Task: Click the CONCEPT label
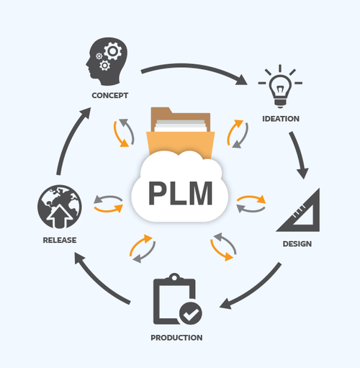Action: click(110, 95)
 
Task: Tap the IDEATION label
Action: click(281, 119)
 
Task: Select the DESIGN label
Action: click(297, 244)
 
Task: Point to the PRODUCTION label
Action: click(176, 338)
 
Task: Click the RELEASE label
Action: click(60, 240)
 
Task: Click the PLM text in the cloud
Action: click(180, 193)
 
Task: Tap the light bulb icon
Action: click(280, 86)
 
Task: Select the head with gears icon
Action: click(107, 61)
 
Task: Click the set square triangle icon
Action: click(298, 210)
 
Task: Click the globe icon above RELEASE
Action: click(60, 207)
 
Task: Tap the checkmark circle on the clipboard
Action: click(191, 313)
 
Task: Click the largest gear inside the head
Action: click(113, 51)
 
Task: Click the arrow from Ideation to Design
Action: click(298, 153)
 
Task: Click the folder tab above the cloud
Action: click(161, 111)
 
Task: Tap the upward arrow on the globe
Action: click(59, 215)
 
